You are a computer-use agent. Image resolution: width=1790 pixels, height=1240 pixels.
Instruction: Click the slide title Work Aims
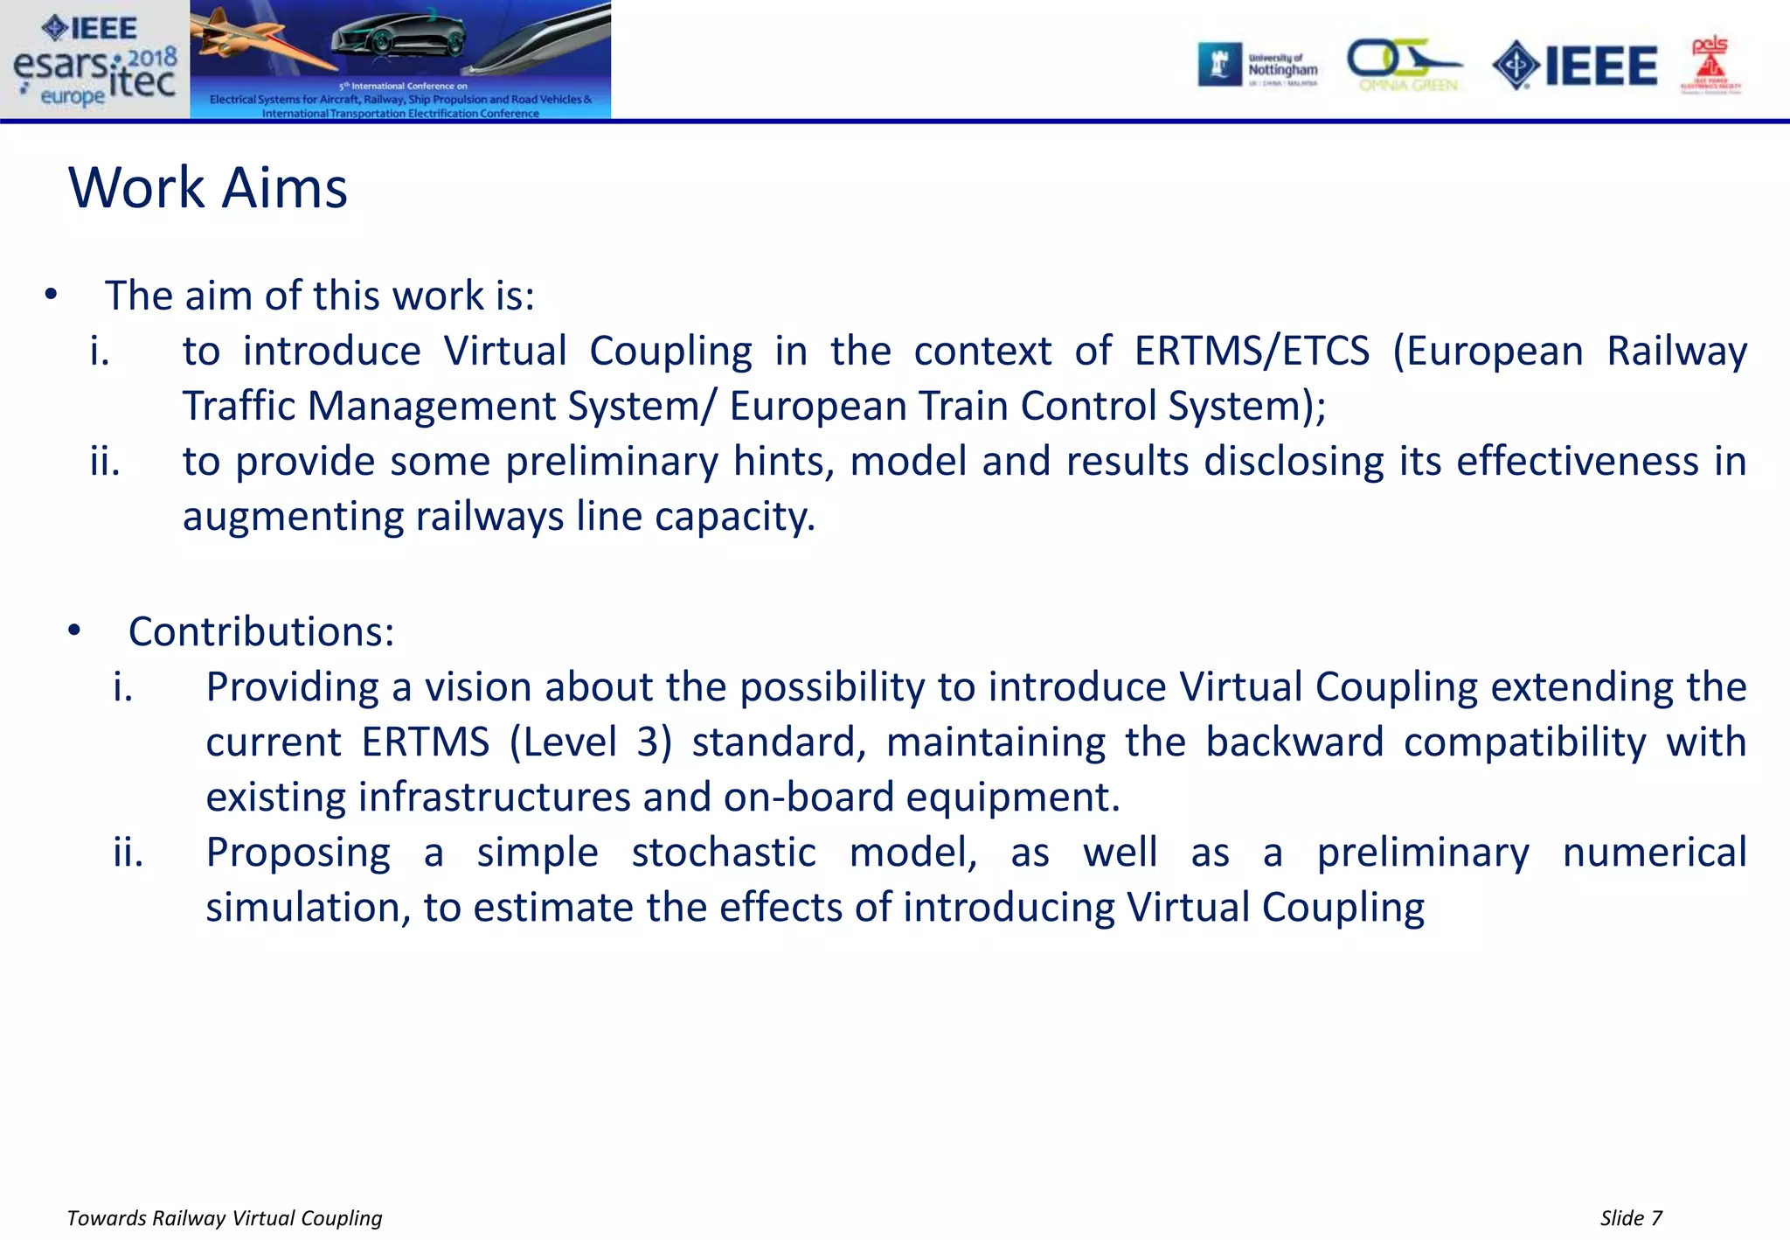coord(208,188)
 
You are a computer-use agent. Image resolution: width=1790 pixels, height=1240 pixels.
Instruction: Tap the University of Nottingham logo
coord(1259,66)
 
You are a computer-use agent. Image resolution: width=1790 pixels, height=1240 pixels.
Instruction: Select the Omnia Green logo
coord(1405,66)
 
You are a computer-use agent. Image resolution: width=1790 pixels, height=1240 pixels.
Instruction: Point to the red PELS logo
coord(1710,65)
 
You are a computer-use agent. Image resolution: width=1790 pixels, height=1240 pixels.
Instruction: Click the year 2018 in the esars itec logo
coord(152,58)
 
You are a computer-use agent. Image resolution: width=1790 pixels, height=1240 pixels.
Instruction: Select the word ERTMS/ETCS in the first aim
coord(1252,352)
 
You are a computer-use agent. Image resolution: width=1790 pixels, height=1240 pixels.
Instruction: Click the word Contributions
coord(261,631)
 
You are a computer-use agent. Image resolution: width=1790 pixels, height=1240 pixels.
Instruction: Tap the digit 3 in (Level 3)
coord(648,742)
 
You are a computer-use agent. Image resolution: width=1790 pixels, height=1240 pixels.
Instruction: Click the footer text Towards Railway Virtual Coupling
coord(225,1218)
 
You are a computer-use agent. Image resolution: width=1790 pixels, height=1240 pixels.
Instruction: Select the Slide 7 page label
coord(1631,1218)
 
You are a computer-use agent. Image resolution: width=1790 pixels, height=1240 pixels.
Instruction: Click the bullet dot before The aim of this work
coord(51,296)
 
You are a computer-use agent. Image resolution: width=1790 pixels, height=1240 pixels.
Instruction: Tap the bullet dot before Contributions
coord(74,630)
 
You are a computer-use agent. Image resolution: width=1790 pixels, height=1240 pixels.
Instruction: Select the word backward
coord(1294,742)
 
